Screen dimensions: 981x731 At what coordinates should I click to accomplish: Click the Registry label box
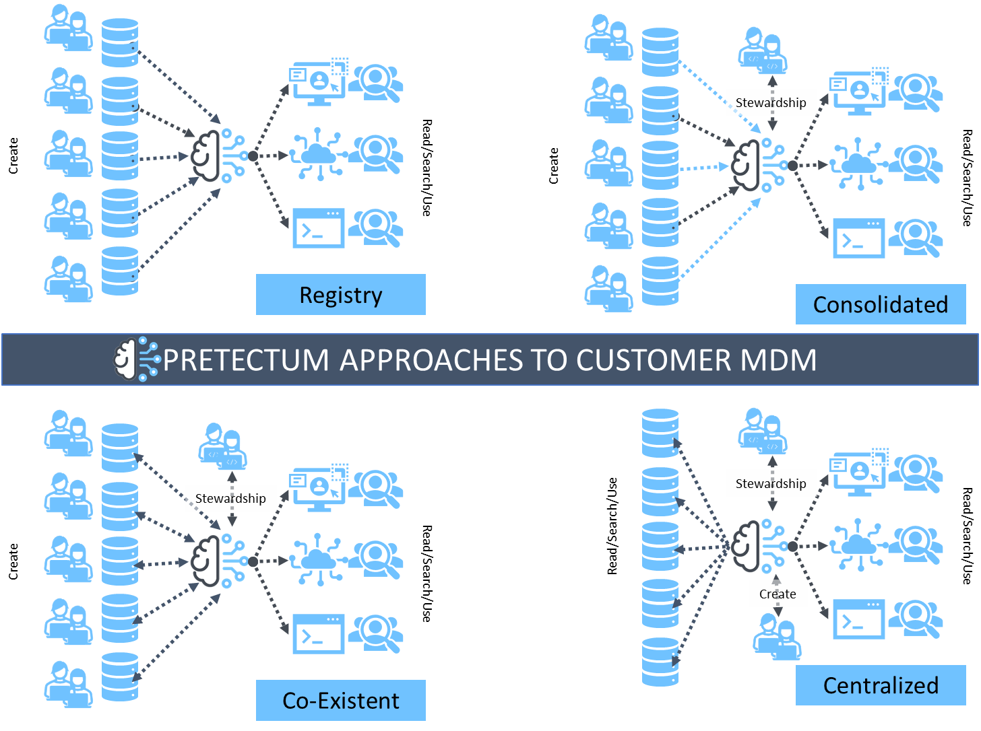pyautogui.click(x=340, y=295)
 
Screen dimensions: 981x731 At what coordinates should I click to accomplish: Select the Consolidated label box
pyautogui.click(x=881, y=304)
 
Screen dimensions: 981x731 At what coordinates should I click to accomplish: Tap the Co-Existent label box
pyautogui.click(x=340, y=701)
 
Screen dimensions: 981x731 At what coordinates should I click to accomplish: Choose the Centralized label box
pyautogui.click(x=881, y=685)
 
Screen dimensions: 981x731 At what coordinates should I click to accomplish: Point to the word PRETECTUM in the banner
pyautogui.click(x=246, y=360)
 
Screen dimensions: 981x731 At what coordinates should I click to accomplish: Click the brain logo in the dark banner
pyautogui.click(x=136, y=359)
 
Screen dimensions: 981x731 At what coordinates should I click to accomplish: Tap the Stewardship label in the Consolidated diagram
pyautogui.click(x=771, y=102)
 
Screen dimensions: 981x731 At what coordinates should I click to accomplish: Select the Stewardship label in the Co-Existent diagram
pyautogui.click(x=230, y=498)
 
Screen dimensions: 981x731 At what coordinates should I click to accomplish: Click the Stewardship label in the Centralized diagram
pyautogui.click(x=771, y=483)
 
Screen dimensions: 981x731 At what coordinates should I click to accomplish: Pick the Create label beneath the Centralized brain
pyautogui.click(x=778, y=594)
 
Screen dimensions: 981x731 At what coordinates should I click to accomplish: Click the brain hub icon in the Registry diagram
pyautogui.click(x=218, y=155)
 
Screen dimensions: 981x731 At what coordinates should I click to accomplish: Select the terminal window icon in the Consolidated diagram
pyautogui.click(x=858, y=238)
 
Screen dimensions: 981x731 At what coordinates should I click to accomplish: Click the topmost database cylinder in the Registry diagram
pyautogui.click(x=120, y=42)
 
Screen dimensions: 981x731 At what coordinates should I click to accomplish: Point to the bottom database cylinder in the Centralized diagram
pyautogui.click(x=660, y=662)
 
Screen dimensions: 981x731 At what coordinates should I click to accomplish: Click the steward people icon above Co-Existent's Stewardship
pyautogui.click(x=222, y=446)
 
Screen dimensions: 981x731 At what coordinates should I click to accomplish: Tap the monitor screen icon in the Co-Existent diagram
pyautogui.click(x=319, y=488)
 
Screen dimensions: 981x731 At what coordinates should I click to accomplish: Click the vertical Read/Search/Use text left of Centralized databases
pyautogui.click(x=612, y=526)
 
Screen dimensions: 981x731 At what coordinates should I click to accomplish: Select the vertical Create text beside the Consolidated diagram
pyautogui.click(x=554, y=166)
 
